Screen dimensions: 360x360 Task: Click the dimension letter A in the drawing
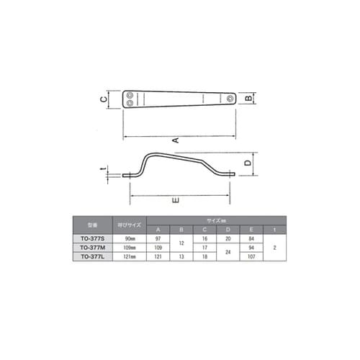[x=175, y=140]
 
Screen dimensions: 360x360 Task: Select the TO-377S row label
[x=91, y=238]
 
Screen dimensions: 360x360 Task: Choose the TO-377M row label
[x=91, y=247]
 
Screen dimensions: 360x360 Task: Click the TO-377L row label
[x=91, y=256]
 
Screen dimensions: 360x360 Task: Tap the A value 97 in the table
[x=158, y=238]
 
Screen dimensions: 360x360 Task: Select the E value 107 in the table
[x=251, y=256]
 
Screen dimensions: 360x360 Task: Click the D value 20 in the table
[x=228, y=238]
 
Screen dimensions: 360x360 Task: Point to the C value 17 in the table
[x=205, y=247]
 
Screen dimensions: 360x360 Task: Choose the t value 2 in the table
[x=275, y=247]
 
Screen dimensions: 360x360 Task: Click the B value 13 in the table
[x=181, y=256]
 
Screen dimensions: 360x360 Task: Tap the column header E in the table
[x=251, y=228]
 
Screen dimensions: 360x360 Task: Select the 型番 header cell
[x=91, y=224]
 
